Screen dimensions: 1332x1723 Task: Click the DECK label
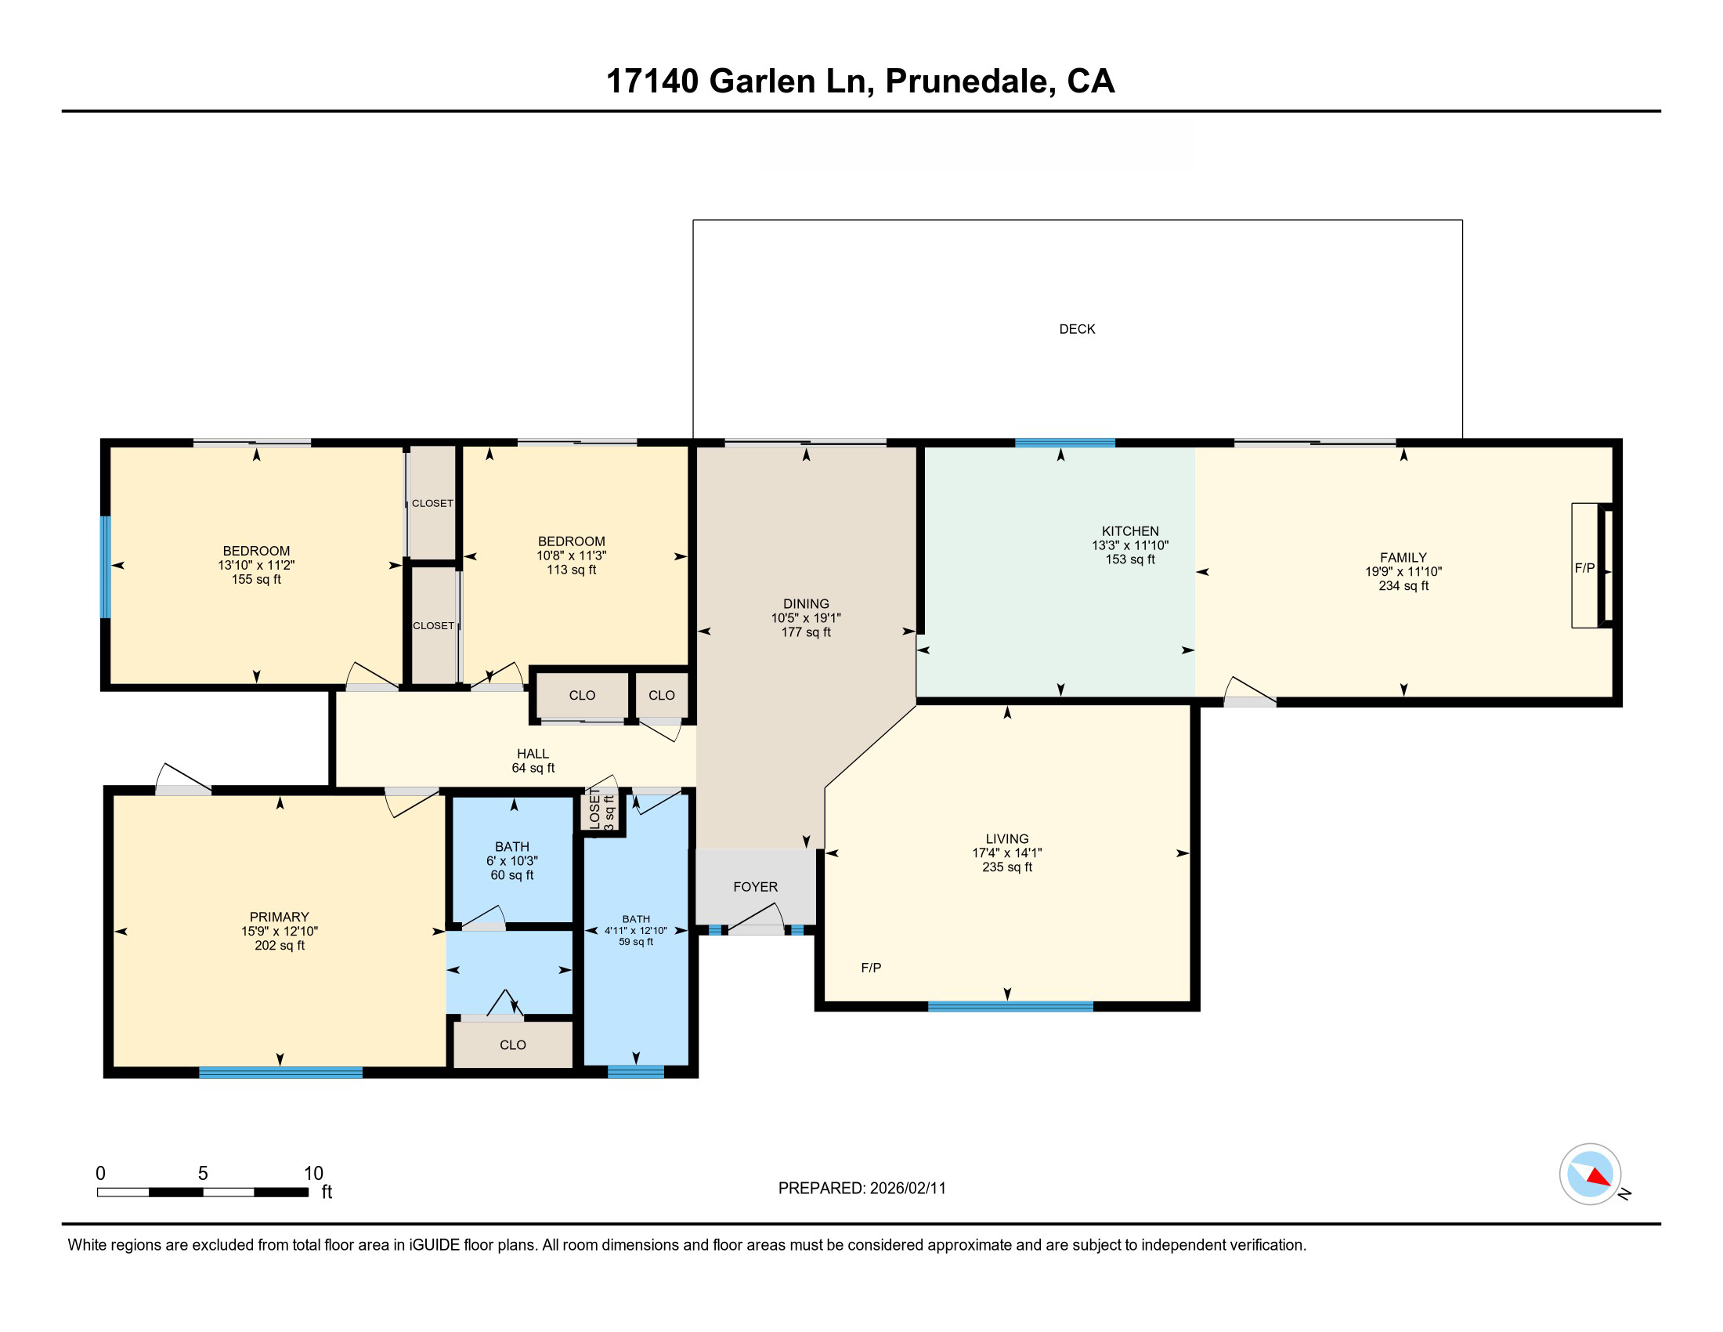tap(1077, 329)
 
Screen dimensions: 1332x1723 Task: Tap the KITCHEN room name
tap(1129, 531)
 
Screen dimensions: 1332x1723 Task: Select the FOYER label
tap(755, 887)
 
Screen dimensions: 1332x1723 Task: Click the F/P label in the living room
tap(871, 968)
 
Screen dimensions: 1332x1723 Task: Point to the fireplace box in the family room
tap(1586, 566)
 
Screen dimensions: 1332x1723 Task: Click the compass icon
tap(1590, 1174)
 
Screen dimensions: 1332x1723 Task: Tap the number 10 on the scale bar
tap(313, 1174)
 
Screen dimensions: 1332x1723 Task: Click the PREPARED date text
tap(861, 1189)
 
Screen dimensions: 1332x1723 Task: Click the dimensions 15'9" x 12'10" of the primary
tap(280, 931)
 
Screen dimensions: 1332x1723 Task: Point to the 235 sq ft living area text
tap(1006, 867)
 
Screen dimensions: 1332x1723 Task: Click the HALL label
tap(533, 754)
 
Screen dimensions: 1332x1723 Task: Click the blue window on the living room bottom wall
tap(1010, 1006)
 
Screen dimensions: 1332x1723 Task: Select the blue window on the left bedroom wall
tap(105, 566)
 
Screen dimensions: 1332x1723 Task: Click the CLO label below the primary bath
tap(513, 1044)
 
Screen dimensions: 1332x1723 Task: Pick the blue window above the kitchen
tap(1064, 443)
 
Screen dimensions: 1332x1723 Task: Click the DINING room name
tap(805, 603)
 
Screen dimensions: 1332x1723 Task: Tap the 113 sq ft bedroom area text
tap(571, 570)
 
